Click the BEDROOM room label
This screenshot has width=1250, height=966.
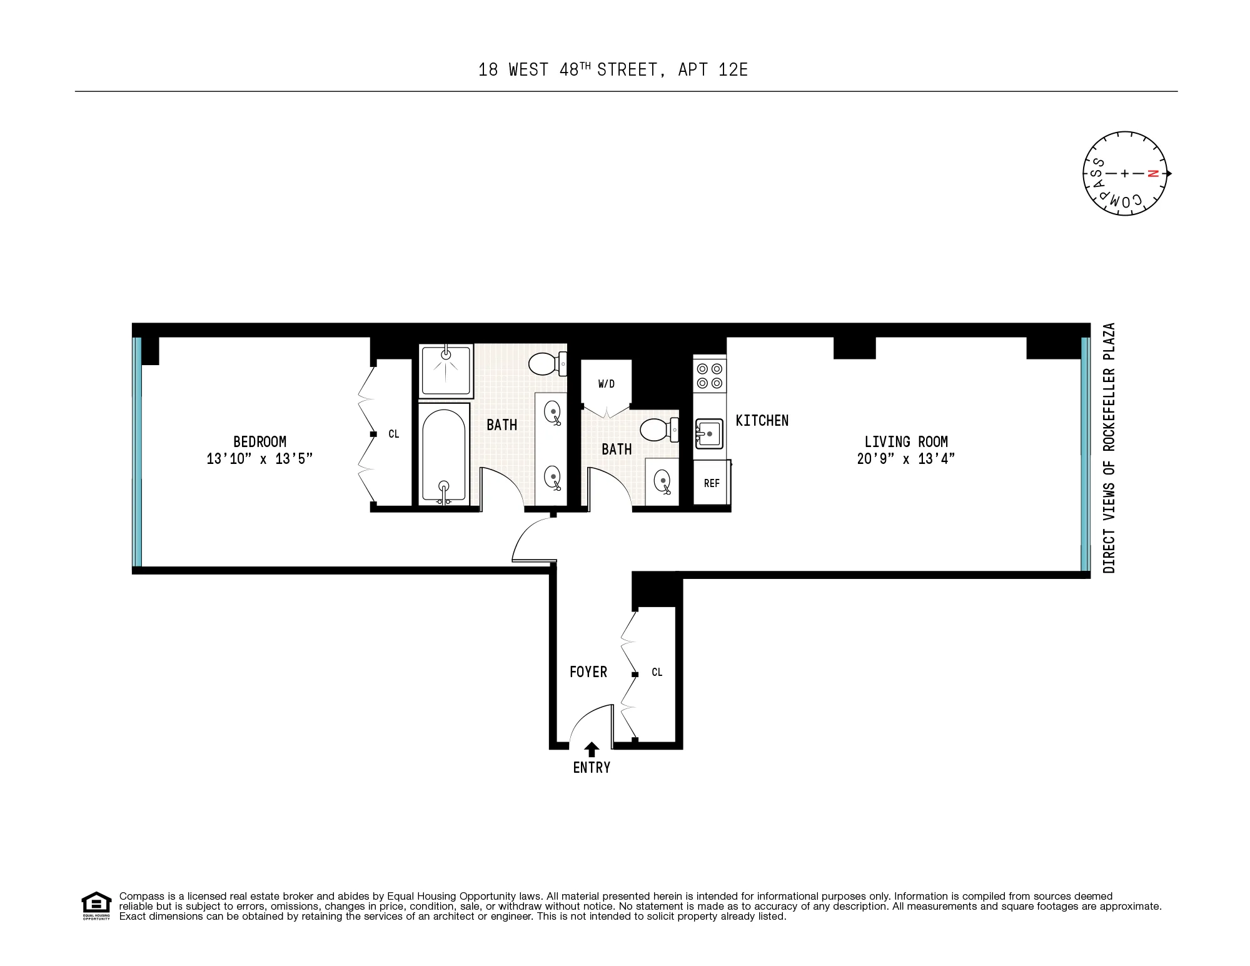(260, 441)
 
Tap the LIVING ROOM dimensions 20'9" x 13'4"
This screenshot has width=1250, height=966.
(905, 459)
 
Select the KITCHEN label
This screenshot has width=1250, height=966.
(762, 421)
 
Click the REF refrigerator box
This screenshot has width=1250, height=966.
(712, 483)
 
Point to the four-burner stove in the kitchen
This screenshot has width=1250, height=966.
(710, 376)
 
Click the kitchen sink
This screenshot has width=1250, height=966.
(709, 433)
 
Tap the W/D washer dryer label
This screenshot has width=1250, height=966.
(606, 384)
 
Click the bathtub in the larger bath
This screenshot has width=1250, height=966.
(443, 454)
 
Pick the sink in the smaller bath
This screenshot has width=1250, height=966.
(662, 481)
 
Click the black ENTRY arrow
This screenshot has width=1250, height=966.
(592, 749)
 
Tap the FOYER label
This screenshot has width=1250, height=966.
(588, 672)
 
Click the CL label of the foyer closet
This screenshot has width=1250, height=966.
(657, 672)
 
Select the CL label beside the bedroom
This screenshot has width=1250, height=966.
(393, 434)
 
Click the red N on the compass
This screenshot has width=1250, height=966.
(1154, 173)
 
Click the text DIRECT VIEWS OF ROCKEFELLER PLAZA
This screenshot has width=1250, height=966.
(1109, 448)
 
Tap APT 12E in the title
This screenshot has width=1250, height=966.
(713, 69)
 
